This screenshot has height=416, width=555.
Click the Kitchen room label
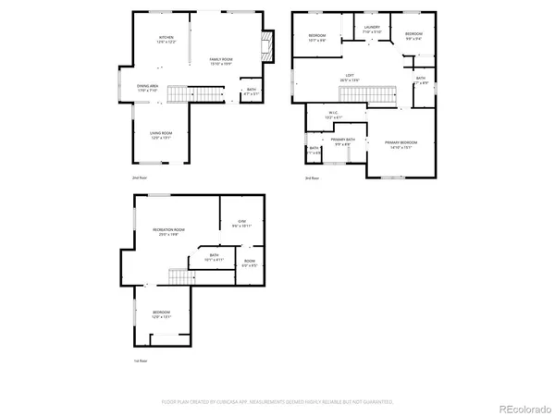[x=166, y=39]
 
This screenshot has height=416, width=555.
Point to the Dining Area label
[x=149, y=87]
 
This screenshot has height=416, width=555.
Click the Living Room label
[x=162, y=134]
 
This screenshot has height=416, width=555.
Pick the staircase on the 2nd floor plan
[x=208, y=94]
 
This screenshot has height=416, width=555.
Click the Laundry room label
[x=372, y=29]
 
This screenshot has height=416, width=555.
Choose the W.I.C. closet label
[x=333, y=116]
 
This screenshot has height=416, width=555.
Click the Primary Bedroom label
[x=401, y=142]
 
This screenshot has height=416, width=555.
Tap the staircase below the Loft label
[x=378, y=95]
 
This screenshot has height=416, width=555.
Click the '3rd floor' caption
[x=312, y=177]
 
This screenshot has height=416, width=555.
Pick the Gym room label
[x=241, y=222]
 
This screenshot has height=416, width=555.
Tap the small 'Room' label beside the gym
[x=250, y=262]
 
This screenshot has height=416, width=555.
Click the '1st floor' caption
[x=139, y=361]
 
